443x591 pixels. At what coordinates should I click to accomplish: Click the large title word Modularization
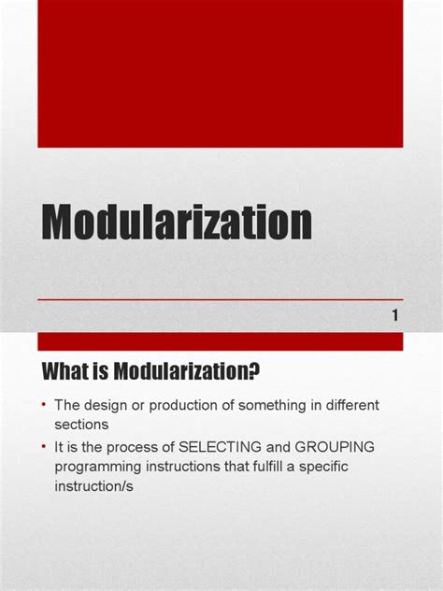pyautogui.click(x=177, y=225)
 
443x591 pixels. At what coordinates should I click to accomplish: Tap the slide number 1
pyautogui.click(x=395, y=316)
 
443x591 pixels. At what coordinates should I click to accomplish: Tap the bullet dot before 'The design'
pyautogui.click(x=43, y=404)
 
